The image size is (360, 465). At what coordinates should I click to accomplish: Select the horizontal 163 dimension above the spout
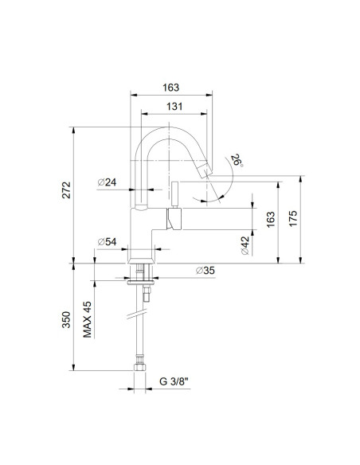(172, 88)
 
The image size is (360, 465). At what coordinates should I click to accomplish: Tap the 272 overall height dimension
(68, 190)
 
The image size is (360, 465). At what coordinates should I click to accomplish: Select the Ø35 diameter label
(205, 272)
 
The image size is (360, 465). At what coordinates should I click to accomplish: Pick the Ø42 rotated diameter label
(245, 245)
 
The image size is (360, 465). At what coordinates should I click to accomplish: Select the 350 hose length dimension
(68, 320)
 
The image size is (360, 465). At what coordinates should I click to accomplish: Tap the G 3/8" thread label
(173, 381)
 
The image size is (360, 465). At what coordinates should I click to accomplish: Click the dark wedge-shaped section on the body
(170, 217)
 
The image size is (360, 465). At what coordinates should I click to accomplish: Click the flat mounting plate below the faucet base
(143, 279)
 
